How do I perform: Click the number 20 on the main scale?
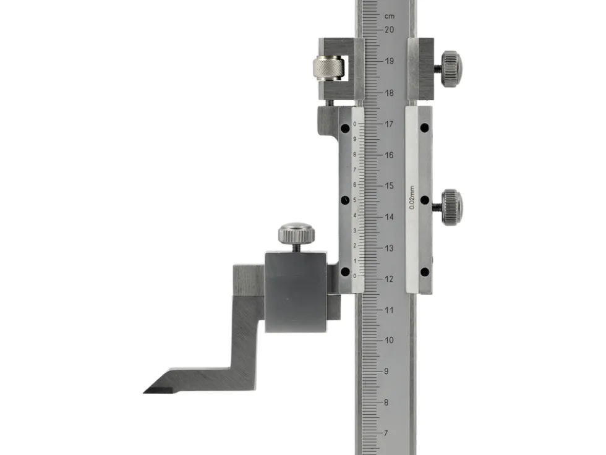[x=389, y=29]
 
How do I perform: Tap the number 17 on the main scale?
[x=389, y=124]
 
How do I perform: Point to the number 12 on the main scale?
[x=389, y=279]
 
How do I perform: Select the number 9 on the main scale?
[x=386, y=371]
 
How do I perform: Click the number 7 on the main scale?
[x=386, y=433]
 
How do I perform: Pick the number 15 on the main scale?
[x=389, y=186]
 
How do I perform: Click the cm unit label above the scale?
[x=390, y=16]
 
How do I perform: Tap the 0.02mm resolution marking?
[x=412, y=197]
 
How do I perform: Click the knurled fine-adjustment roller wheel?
[x=328, y=68]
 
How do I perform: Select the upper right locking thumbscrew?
[x=451, y=69]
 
